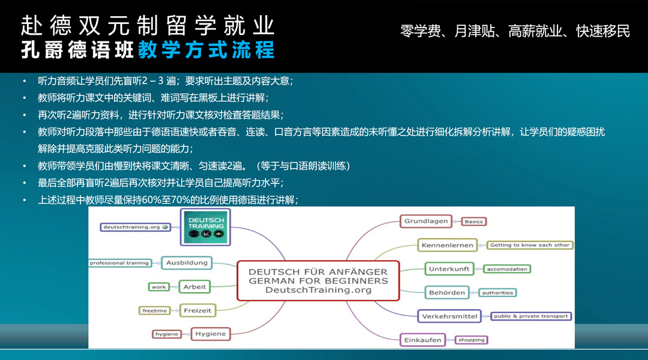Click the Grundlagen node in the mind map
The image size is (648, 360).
[425, 221]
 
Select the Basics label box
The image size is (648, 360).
[473, 221]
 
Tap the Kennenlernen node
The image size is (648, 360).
[447, 245]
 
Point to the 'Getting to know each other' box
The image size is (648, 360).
[530, 245]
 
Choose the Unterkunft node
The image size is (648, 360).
[449, 269]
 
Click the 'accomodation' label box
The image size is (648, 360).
[506, 269]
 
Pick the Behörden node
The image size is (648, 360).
[447, 293]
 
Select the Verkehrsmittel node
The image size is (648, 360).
[449, 316]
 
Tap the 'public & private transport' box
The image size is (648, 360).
[530, 316]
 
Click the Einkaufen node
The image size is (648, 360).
[422, 340]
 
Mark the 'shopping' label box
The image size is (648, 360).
[471, 340]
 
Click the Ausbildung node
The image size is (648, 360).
[187, 262]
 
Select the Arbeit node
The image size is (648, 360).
[194, 286]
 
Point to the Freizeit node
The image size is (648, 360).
[197, 310]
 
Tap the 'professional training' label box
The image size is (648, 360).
[120, 263]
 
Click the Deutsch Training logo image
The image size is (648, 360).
[205, 227]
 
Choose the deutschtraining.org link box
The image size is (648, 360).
[136, 227]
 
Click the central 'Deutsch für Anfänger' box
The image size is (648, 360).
[318, 281]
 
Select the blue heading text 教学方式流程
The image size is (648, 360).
[206, 50]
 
